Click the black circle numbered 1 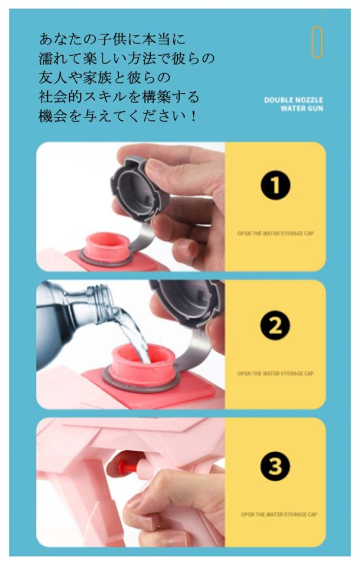pyautogui.click(x=275, y=186)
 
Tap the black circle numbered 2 pyautogui.click(x=275, y=325)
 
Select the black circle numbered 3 pyautogui.click(x=275, y=466)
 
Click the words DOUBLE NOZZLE pyautogui.click(x=293, y=100)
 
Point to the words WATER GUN pyautogui.click(x=301, y=108)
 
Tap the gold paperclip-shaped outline pyautogui.click(x=317, y=42)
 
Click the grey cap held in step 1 pyautogui.click(x=139, y=188)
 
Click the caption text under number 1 pyautogui.click(x=275, y=233)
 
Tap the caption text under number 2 pyautogui.click(x=275, y=373)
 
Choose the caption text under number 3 pyautogui.click(x=279, y=514)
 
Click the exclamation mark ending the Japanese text pyautogui.click(x=193, y=116)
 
